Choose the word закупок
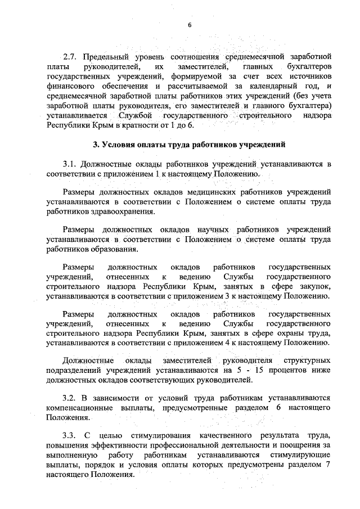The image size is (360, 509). pyautogui.click(x=317, y=286)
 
